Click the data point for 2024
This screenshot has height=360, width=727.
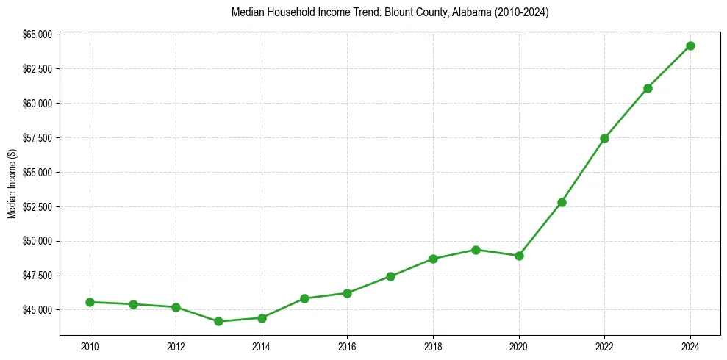(690, 46)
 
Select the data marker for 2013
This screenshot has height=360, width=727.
(218, 321)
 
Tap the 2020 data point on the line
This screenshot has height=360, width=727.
(519, 256)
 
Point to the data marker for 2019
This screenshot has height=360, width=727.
(476, 250)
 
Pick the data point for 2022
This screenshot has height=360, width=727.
(604, 138)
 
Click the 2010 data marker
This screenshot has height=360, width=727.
(90, 302)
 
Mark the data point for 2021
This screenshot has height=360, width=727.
(562, 202)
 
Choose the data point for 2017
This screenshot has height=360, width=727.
(390, 276)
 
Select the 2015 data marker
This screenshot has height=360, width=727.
(304, 298)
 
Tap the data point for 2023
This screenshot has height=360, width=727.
(648, 88)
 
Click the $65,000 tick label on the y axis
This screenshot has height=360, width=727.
(38, 35)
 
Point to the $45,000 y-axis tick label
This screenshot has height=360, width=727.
(38, 310)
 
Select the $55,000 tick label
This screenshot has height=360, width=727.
(38, 173)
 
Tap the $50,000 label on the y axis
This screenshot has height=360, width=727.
(38, 241)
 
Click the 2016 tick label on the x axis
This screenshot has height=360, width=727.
(347, 346)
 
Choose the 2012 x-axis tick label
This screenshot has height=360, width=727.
(176, 346)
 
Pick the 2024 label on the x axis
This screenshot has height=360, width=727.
(690, 346)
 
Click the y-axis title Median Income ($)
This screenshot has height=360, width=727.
(12, 184)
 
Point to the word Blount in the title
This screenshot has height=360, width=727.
(398, 12)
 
